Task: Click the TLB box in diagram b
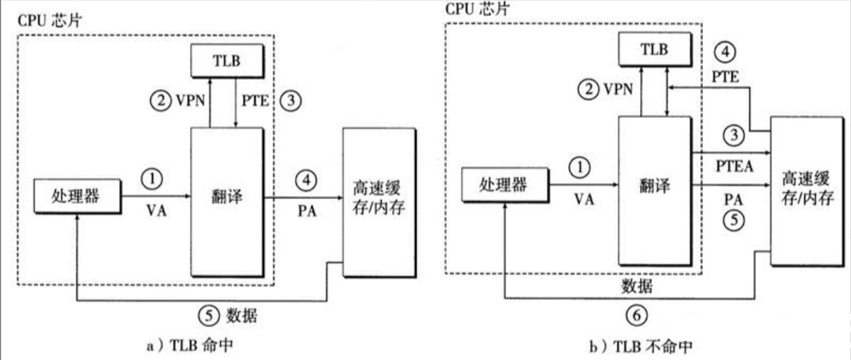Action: pyautogui.click(x=653, y=49)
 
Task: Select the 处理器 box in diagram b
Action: pyautogui.click(x=504, y=185)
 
